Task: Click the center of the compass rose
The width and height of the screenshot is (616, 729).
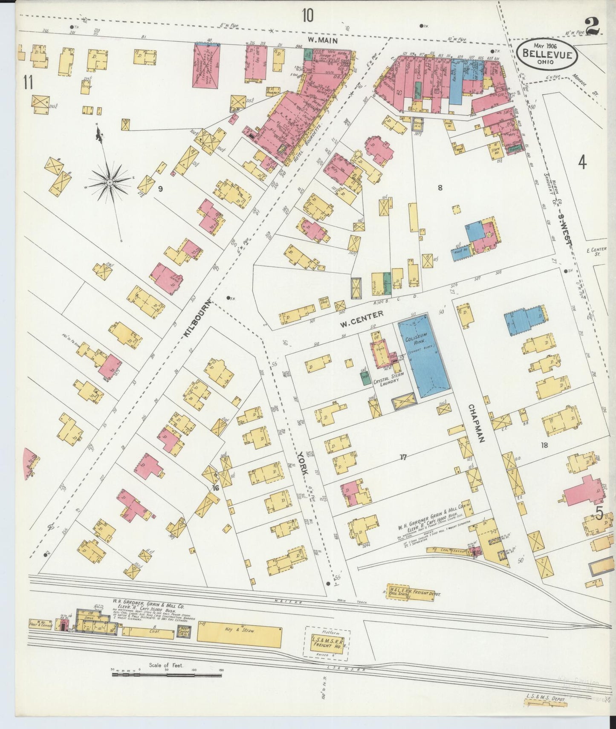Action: (x=110, y=182)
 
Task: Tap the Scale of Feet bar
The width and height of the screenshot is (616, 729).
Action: (x=166, y=674)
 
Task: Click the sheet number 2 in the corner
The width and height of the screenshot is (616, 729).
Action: (x=593, y=26)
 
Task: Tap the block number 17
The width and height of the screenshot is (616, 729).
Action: (x=403, y=458)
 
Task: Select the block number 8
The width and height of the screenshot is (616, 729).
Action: (x=440, y=188)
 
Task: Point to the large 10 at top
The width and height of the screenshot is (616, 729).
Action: (x=308, y=16)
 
